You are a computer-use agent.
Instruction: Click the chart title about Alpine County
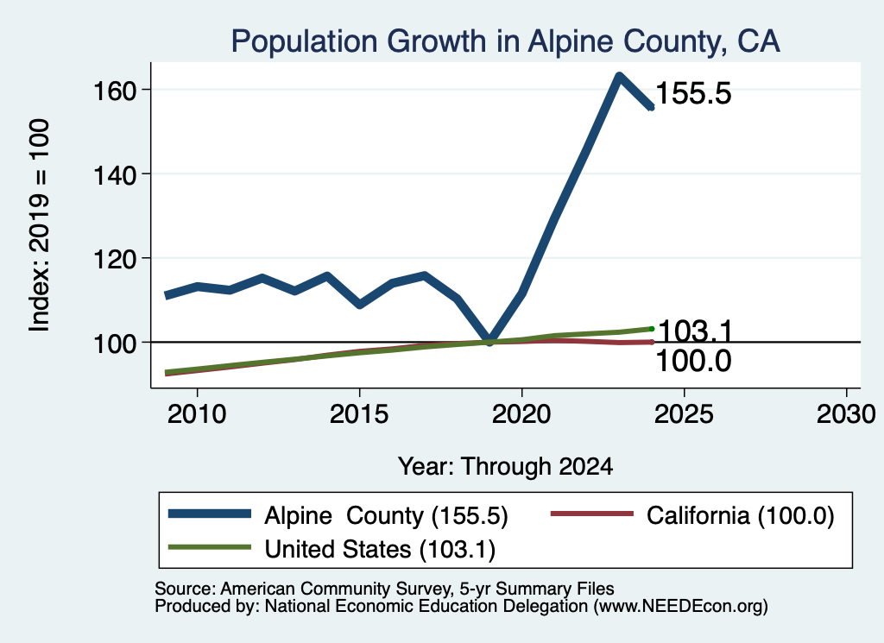[x=506, y=41]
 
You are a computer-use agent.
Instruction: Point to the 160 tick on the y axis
[x=115, y=90]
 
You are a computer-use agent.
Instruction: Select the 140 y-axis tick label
[x=115, y=174]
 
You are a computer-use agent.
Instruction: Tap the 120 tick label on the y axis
[x=115, y=259]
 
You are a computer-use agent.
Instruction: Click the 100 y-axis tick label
[x=115, y=344]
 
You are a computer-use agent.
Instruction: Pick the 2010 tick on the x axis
[x=197, y=415]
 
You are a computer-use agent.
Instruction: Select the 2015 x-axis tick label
[x=359, y=415]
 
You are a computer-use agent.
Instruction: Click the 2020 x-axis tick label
[x=521, y=415]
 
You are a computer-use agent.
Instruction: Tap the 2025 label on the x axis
[x=684, y=415]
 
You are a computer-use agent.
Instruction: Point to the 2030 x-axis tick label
[x=846, y=415]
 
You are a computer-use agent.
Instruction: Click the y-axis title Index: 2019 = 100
[x=40, y=225]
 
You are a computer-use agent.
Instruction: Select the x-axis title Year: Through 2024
[x=506, y=467]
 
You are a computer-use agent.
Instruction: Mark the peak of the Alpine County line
[x=619, y=75]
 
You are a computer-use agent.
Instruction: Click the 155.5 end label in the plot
[x=693, y=93]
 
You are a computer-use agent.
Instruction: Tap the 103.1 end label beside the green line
[x=695, y=331]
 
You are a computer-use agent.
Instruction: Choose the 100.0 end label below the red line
[x=693, y=361]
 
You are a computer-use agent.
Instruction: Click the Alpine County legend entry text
[x=386, y=515]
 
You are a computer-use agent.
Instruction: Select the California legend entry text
[x=740, y=515]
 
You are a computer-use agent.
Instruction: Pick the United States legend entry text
[x=380, y=550]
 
